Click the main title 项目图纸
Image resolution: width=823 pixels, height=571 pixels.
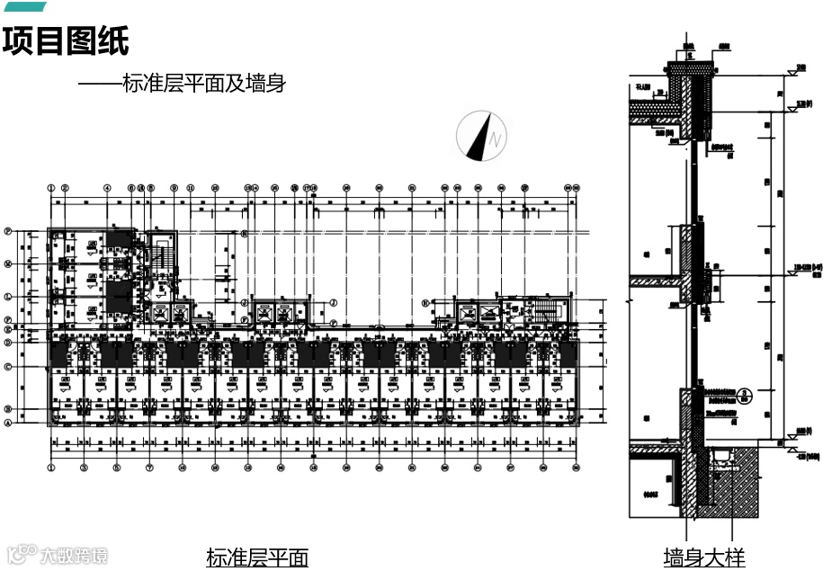pyautogui.click(x=66, y=40)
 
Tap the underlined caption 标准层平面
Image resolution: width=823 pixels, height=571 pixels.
pyautogui.click(x=257, y=558)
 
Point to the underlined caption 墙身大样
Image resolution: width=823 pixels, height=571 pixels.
pyautogui.click(x=704, y=558)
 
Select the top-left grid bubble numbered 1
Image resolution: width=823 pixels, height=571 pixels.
pyautogui.click(x=52, y=189)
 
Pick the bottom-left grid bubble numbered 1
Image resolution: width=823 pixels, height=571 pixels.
pyautogui.click(x=52, y=468)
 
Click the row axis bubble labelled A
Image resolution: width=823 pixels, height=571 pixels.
pyautogui.click(x=8, y=423)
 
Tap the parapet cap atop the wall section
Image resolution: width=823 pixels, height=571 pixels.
pyautogui.click(x=690, y=67)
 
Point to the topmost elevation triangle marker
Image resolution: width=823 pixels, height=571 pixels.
pyautogui.click(x=796, y=68)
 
